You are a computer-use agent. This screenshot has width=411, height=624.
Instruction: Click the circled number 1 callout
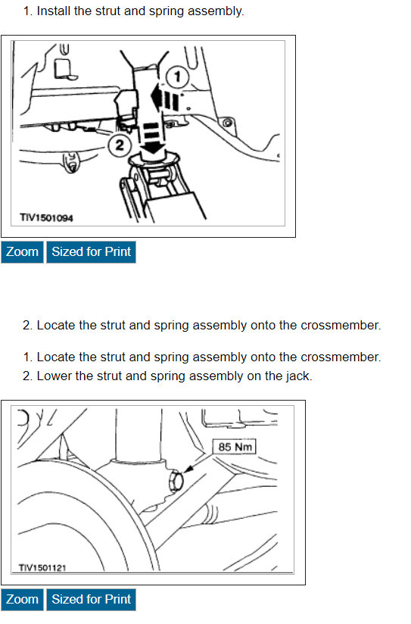[x=177, y=76]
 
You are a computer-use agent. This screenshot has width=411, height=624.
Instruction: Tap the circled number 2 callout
[x=120, y=145]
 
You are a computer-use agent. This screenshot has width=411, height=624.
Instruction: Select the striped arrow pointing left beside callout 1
[x=165, y=100]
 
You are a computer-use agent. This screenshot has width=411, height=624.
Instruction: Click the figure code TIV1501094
[x=47, y=218]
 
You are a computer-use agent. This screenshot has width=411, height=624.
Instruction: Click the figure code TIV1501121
[x=42, y=568]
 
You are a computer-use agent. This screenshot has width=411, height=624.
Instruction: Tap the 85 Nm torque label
[x=235, y=447]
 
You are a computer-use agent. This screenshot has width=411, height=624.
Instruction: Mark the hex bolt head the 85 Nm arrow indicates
[x=176, y=481]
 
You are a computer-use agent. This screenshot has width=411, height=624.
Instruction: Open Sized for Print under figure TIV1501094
[x=91, y=252]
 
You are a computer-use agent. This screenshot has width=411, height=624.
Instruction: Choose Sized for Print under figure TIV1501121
[x=91, y=599]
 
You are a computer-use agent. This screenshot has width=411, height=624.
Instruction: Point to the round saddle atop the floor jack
[x=154, y=160]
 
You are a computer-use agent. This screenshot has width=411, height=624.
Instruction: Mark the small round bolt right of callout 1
[x=228, y=123]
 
